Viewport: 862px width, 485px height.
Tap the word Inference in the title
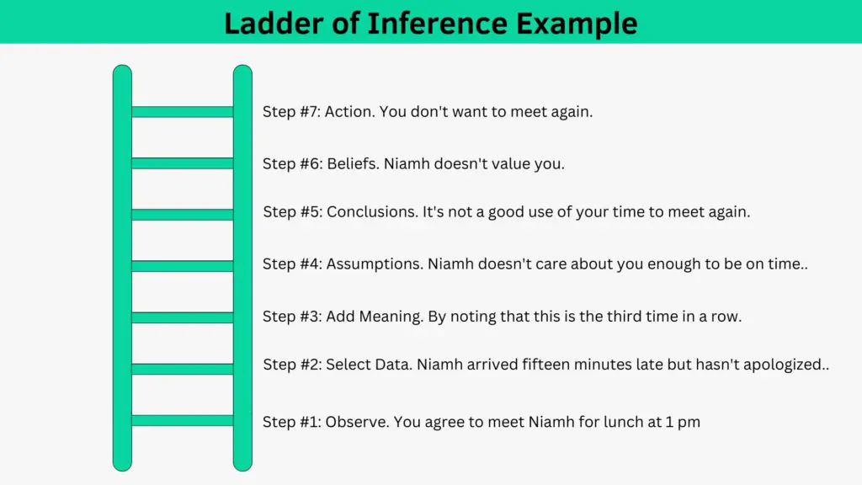(x=438, y=23)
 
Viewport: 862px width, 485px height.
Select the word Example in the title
(x=577, y=24)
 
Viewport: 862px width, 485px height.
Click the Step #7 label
(x=291, y=112)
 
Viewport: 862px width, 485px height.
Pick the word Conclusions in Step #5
(x=372, y=212)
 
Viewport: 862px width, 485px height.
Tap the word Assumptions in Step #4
(x=375, y=264)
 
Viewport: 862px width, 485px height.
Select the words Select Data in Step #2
(x=369, y=365)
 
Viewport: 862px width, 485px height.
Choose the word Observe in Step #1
(x=357, y=423)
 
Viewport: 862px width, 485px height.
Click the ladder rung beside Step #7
(x=183, y=112)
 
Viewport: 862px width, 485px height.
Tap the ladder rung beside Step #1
(x=183, y=421)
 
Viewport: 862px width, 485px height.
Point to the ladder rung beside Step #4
(x=183, y=266)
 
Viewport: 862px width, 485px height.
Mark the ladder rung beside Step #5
(x=183, y=215)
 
